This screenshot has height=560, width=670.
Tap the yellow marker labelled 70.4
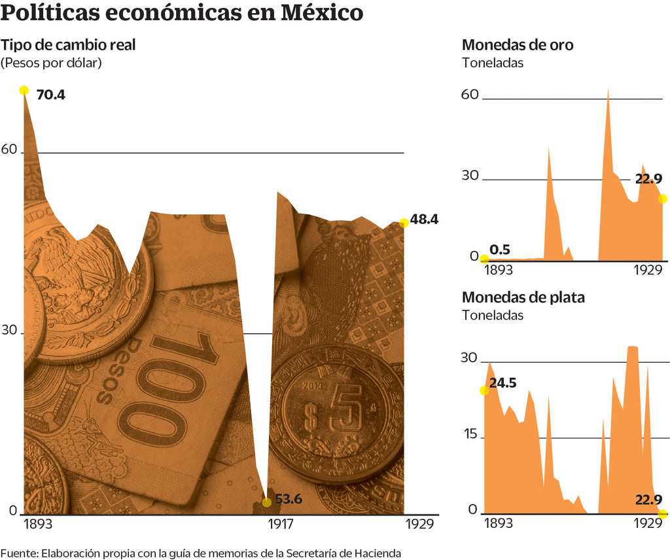pyautogui.click(x=24, y=90)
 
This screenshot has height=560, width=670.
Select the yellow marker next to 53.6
pyautogui.click(x=266, y=502)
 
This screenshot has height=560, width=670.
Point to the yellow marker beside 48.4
pyautogui.click(x=404, y=223)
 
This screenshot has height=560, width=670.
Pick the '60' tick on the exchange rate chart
pyautogui.click(x=9, y=149)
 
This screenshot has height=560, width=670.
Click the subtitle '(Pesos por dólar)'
pyautogui.click(x=52, y=63)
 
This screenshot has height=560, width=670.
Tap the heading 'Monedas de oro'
pyautogui.click(x=518, y=45)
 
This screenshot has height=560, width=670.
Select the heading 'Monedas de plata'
pyautogui.click(x=523, y=297)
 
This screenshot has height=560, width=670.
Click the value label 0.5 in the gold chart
pyautogui.click(x=500, y=249)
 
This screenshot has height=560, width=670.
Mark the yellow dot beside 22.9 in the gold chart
pyautogui.click(x=662, y=199)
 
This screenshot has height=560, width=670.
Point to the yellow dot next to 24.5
pyautogui.click(x=484, y=390)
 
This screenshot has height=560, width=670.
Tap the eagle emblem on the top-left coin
pyautogui.click(x=72, y=274)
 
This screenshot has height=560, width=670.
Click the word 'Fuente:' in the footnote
pyautogui.click(x=19, y=553)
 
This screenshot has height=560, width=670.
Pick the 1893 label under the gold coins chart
pyautogui.click(x=499, y=271)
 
